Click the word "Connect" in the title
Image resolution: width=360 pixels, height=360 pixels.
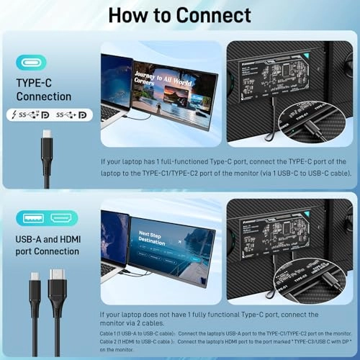(209, 16)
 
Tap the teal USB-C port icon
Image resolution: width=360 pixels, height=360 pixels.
(30, 63)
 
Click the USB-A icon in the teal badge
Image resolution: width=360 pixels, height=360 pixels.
(32, 218)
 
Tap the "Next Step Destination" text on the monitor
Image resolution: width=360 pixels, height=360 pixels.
(153, 238)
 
